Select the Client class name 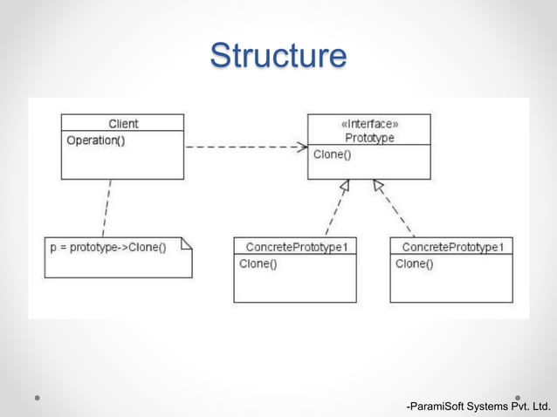pos(123,124)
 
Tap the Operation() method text pos(95,140)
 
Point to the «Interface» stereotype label pos(369,124)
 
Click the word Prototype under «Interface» pos(369,137)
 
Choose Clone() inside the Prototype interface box pos(332,154)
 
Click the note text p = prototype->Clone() pos(107,247)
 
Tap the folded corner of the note pos(186,243)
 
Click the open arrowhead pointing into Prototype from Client pos(301,147)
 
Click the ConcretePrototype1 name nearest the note pos(295,247)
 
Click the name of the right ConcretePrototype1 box pos(451,247)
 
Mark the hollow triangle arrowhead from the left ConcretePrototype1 pos(345,186)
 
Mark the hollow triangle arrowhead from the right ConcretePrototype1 pos(378,185)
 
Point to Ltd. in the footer pos(541,406)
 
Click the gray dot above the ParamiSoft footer pos(518,397)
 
